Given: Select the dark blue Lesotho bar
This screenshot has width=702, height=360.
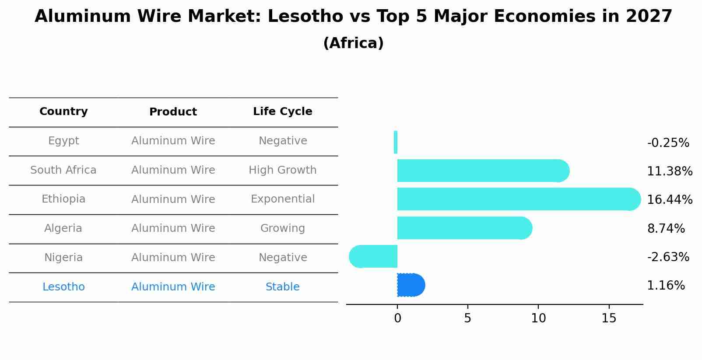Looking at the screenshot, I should coord(411,285).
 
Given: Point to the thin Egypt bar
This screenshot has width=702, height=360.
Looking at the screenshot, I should coord(396,142).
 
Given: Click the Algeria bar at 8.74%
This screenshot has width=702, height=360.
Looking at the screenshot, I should coord(464,228).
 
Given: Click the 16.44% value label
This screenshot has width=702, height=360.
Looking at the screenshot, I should coord(669,200).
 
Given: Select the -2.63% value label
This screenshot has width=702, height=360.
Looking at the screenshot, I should coord(668,257).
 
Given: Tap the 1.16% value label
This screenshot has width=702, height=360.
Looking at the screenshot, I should coord(666,286).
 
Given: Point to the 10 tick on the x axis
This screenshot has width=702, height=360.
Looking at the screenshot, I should coord(538,318).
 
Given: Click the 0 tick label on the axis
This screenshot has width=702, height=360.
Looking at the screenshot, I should coord(397,318).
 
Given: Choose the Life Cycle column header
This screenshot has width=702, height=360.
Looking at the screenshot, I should coord(282,112).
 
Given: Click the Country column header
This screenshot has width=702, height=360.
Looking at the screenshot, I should coord(63,112).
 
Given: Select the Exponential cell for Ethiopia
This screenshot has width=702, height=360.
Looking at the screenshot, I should coord(282,199).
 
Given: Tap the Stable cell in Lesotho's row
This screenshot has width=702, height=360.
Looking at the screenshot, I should coord(282,287).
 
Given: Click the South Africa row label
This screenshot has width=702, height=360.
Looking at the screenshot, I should coord(63,170).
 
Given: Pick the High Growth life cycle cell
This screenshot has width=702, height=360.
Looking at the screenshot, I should coord(282,170).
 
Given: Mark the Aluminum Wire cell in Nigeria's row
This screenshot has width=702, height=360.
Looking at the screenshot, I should coord(173,258).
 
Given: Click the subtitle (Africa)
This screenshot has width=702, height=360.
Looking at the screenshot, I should coord(353,43).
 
